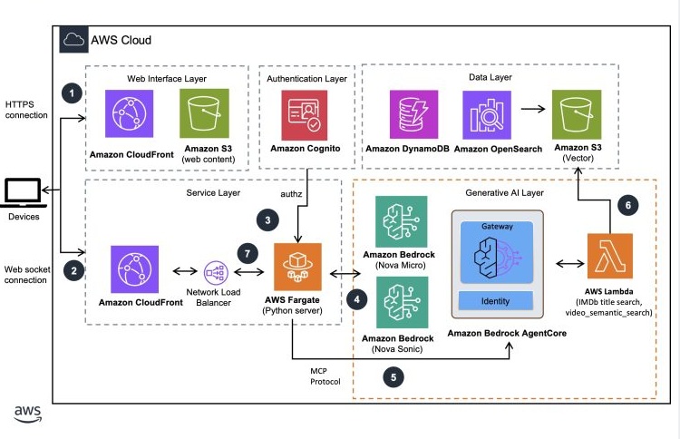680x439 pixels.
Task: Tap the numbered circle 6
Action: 625,206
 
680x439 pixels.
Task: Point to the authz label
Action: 287,192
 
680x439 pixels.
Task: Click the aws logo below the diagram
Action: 27,414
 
